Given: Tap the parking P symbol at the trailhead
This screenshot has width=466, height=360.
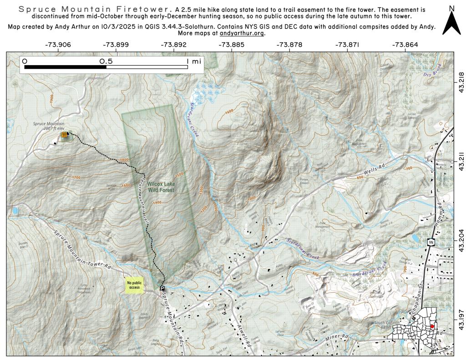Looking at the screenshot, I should (x=162, y=288).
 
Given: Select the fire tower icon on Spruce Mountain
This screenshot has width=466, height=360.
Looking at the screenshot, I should (x=64, y=135).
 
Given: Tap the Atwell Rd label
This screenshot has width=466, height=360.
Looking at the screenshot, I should (x=245, y=337).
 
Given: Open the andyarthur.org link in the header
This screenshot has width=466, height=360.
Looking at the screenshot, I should (x=242, y=33).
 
